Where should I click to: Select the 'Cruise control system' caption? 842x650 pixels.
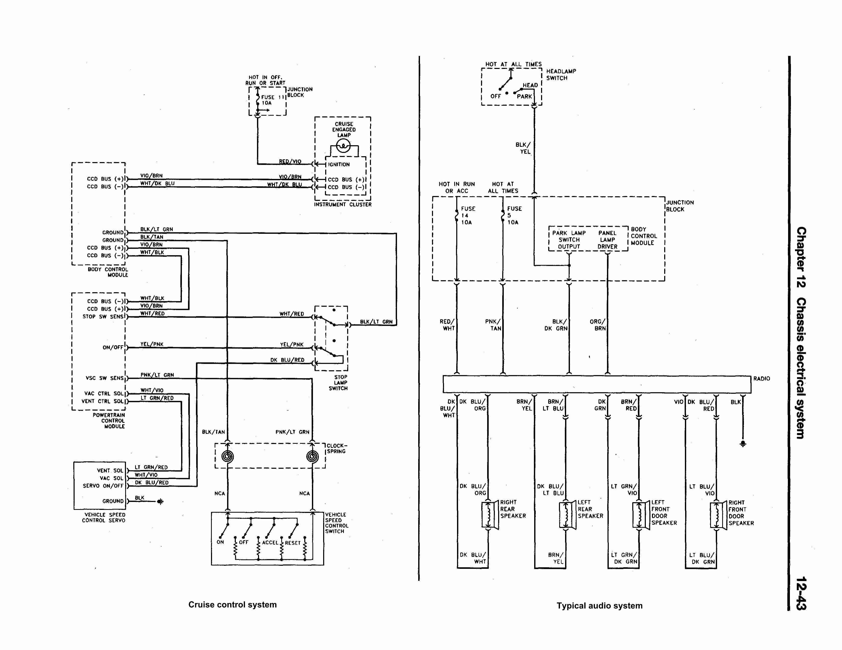(232, 605)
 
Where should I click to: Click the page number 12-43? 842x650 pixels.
(801, 593)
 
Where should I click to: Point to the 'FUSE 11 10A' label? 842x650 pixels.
(272, 100)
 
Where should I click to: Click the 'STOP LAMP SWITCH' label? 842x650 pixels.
(338, 383)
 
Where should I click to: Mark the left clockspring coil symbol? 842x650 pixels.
(227, 456)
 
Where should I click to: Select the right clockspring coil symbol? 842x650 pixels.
(312, 456)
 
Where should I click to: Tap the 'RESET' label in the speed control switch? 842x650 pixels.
(293, 543)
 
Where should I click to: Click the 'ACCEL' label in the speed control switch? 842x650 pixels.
(270, 543)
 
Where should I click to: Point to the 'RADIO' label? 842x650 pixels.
(762, 379)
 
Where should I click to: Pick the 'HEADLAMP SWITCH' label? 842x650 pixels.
(561, 74)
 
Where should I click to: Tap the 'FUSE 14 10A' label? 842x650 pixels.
(468, 215)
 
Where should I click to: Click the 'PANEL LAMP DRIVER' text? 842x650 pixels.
(607, 240)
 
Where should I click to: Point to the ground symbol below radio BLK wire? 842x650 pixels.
(743, 444)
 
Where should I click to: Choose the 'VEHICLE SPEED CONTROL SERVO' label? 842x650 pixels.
(103, 517)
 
